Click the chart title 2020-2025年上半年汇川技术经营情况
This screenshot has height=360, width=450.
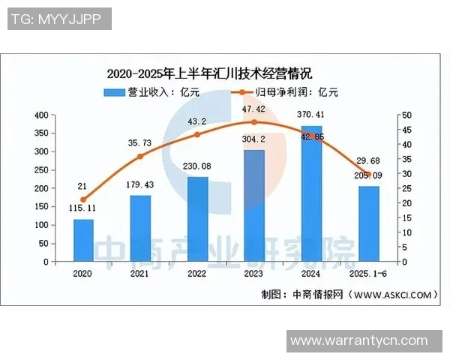[209, 73]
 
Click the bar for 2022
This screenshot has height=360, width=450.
[197, 219]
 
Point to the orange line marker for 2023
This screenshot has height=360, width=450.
[254, 122]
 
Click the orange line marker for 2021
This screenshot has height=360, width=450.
[140, 157]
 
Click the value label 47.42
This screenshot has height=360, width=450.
[254, 109]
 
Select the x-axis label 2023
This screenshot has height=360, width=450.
[254, 274]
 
